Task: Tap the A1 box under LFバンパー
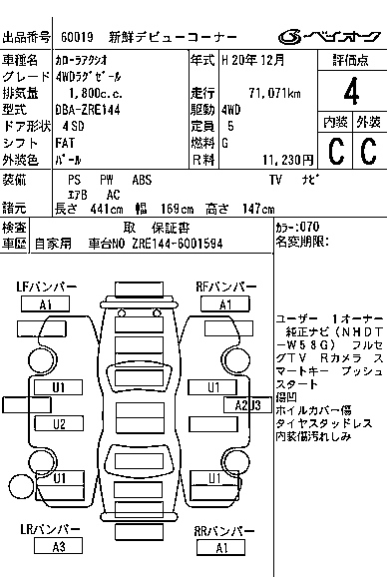[46, 304]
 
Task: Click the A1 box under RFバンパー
[224, 304]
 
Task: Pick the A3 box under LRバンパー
[59, 546]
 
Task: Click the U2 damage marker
[59, 423]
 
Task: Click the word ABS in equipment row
[143, 180]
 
